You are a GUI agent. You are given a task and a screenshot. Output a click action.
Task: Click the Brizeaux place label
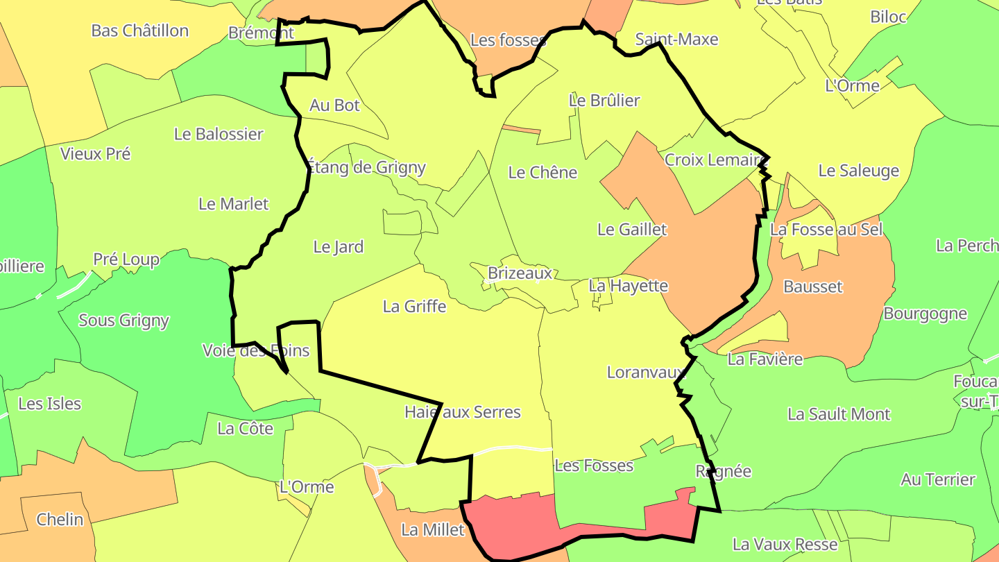point(520,273)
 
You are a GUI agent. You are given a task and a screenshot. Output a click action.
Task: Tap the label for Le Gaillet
point(632,229)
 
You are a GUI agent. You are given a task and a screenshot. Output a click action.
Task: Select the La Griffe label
point(414,306)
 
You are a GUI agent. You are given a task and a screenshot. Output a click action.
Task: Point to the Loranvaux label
point(646,372)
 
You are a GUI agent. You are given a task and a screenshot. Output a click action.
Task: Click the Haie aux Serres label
point(463,412)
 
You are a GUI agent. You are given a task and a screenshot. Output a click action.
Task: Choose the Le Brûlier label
point(604,100)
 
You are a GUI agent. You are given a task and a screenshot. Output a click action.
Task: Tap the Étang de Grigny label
point(366,167)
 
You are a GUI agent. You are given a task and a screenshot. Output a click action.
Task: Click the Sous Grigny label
point(123,321)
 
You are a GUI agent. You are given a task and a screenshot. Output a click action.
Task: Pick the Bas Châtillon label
point(140,31)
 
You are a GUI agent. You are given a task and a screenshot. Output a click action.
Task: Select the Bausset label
point(812,287)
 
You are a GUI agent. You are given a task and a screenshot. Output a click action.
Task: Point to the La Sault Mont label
point(839,414)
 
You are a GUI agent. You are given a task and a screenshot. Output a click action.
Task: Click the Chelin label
point(60,520)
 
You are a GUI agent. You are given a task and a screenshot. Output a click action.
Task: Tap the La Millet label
point(433,530)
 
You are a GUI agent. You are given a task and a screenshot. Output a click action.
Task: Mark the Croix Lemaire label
point(713,160)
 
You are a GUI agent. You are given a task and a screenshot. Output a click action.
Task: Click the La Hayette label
point(628,285)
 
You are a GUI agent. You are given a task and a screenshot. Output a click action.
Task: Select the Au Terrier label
point(938,479)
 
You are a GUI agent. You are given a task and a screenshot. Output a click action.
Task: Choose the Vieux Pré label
point(95,154)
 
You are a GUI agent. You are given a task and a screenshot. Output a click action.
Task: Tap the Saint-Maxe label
point(676,40)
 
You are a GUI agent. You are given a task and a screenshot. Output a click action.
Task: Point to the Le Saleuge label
point(858,171)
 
